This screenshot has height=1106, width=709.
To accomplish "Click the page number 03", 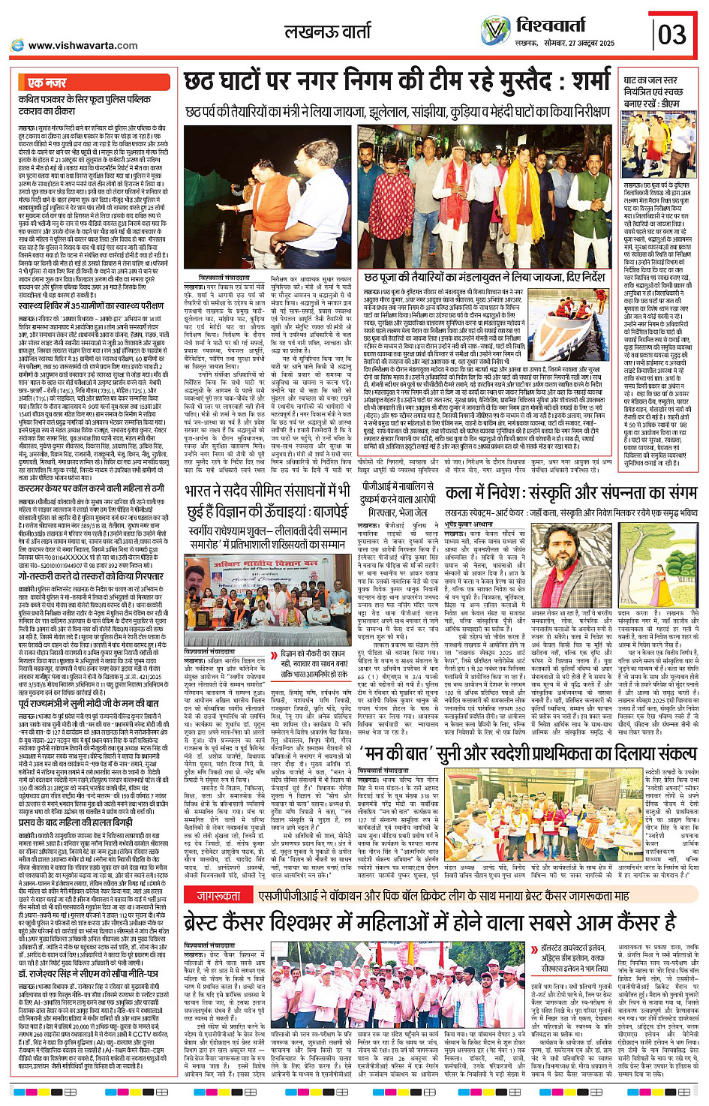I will [671, 34].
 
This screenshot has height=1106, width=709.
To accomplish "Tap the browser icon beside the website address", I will [17, 45].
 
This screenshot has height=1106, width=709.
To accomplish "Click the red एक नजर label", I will [47, 83].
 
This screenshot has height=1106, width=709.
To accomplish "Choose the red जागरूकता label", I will [218, 896].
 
